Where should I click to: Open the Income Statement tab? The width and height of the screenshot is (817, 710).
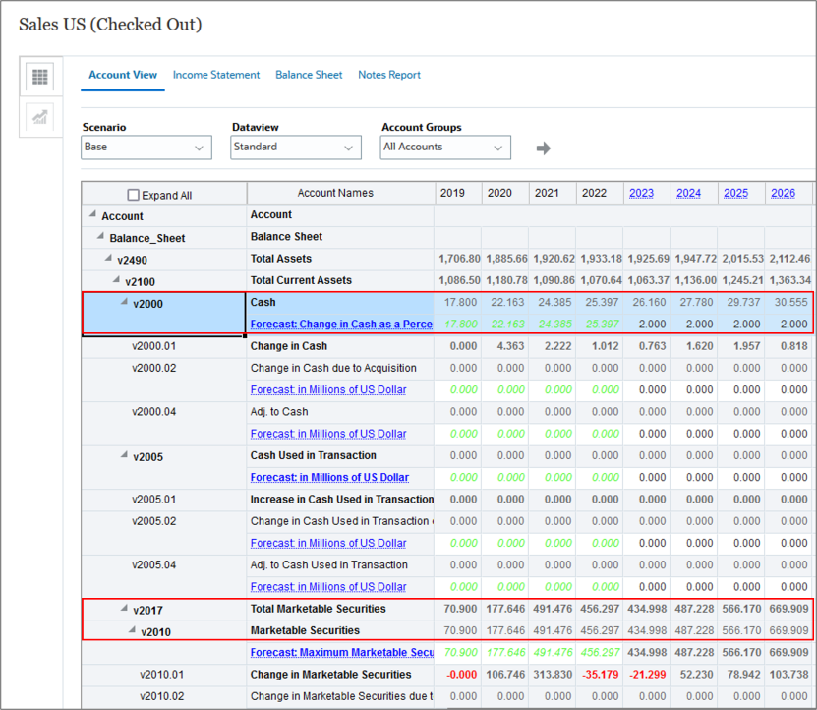[216, 75]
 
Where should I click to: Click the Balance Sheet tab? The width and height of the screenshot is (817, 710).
[309, 75]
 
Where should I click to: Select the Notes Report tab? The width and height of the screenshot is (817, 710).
[388, 75]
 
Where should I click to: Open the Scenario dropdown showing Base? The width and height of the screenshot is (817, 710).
[146, 148]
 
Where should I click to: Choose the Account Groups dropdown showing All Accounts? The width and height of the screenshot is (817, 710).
[445, 148]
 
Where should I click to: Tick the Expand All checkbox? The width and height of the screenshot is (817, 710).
[134, 196]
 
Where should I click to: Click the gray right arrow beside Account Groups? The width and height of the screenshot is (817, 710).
[543, 148]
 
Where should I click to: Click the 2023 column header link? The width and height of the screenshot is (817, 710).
[641, 193]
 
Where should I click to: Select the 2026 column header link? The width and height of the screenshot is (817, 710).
[783, 193]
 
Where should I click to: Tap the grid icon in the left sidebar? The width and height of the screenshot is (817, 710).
[40, 77]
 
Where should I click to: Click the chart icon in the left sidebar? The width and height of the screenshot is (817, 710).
[40, 117]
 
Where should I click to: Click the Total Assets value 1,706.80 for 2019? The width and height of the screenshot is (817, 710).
[459, 259]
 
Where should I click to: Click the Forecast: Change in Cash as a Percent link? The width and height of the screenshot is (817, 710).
[341, 325]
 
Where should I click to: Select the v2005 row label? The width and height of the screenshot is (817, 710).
[147, 456]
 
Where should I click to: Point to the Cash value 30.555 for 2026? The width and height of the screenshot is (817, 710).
[790, 303]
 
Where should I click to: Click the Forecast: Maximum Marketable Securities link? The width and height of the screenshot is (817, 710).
[341, 653]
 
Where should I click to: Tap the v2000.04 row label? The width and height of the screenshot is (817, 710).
[154, 412]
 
